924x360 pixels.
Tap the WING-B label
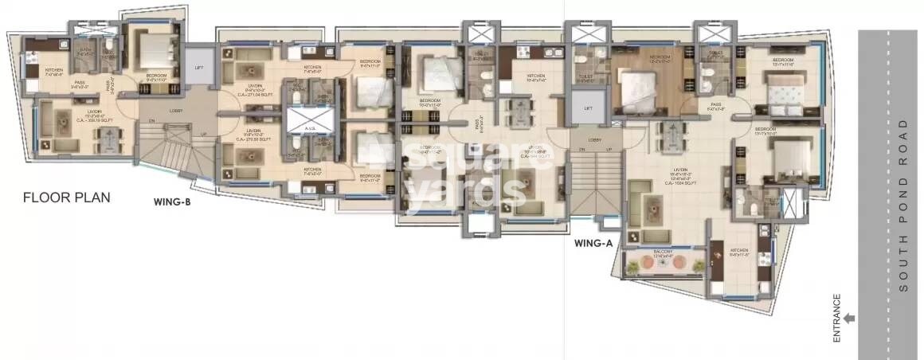coord(171,202)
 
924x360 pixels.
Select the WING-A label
coord(593,243)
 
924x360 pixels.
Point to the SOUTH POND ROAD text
coord(902,208)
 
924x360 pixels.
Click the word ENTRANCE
coord(837,319)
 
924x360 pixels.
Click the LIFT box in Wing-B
coord(199,68)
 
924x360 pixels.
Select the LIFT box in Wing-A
coord(588,108)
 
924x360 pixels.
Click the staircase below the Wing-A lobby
coord(596,183)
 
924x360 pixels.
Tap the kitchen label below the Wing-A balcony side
coord(739,255)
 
